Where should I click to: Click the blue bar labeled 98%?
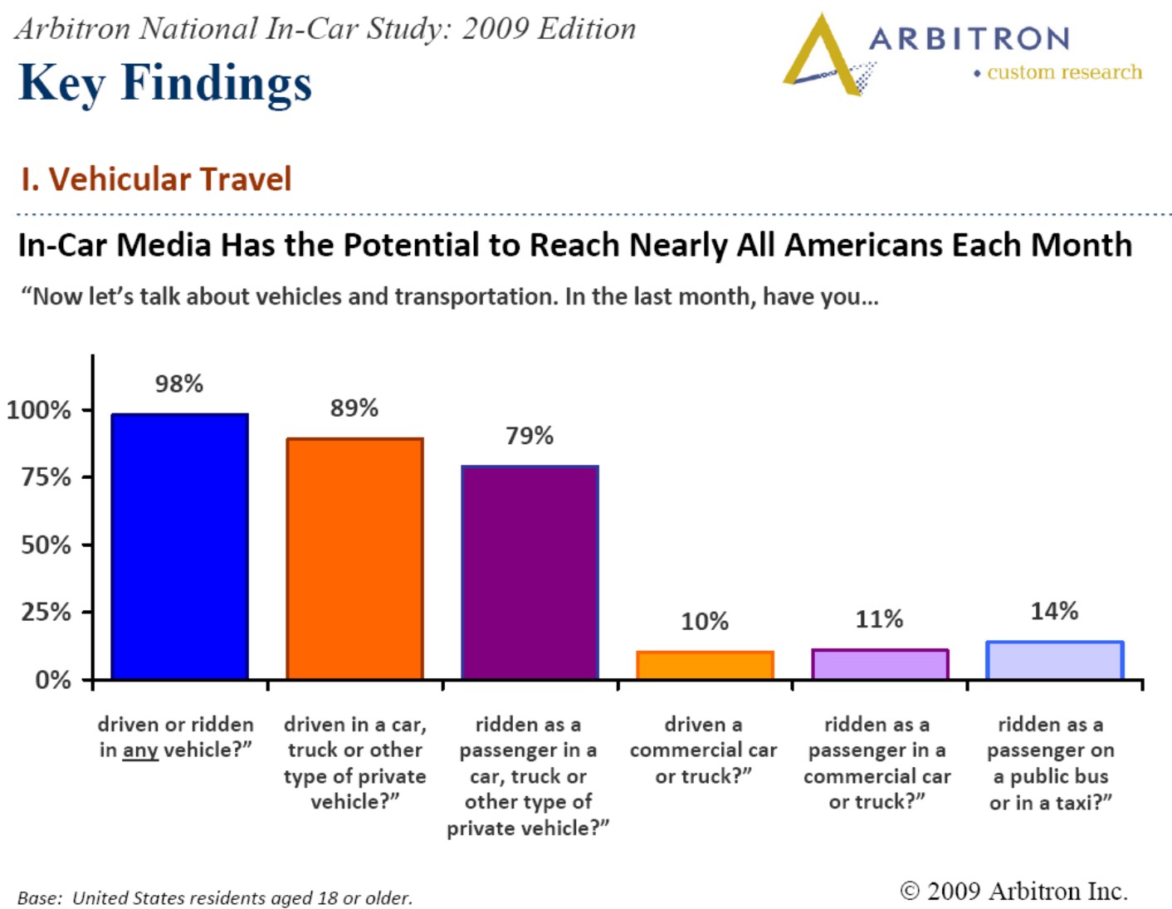click(x=179, y=545)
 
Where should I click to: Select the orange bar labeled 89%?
click(x=355, y=558)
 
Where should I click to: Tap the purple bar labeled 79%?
click(x=530, y=572)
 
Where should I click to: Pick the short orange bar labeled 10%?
click(x=705, y=665)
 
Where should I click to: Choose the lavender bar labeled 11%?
click(x=880, y=663)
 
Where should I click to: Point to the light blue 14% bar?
click(x=1055, y=660)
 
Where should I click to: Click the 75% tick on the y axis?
click(x=87, y=477)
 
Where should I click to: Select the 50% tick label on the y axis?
click(x=46, y=545)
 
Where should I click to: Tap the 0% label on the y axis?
click(x=53, y=680)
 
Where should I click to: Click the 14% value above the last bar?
click(x=1054, y=611)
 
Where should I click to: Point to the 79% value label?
click(x=529, y=436)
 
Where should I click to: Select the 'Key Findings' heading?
click(x=165, y=84)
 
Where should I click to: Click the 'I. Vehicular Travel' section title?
click(x=156, y=179)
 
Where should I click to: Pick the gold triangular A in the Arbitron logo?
click(x=823, y=56)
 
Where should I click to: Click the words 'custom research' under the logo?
click(x=1065, y=71)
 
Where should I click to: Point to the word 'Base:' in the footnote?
click(x=40, y=897)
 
